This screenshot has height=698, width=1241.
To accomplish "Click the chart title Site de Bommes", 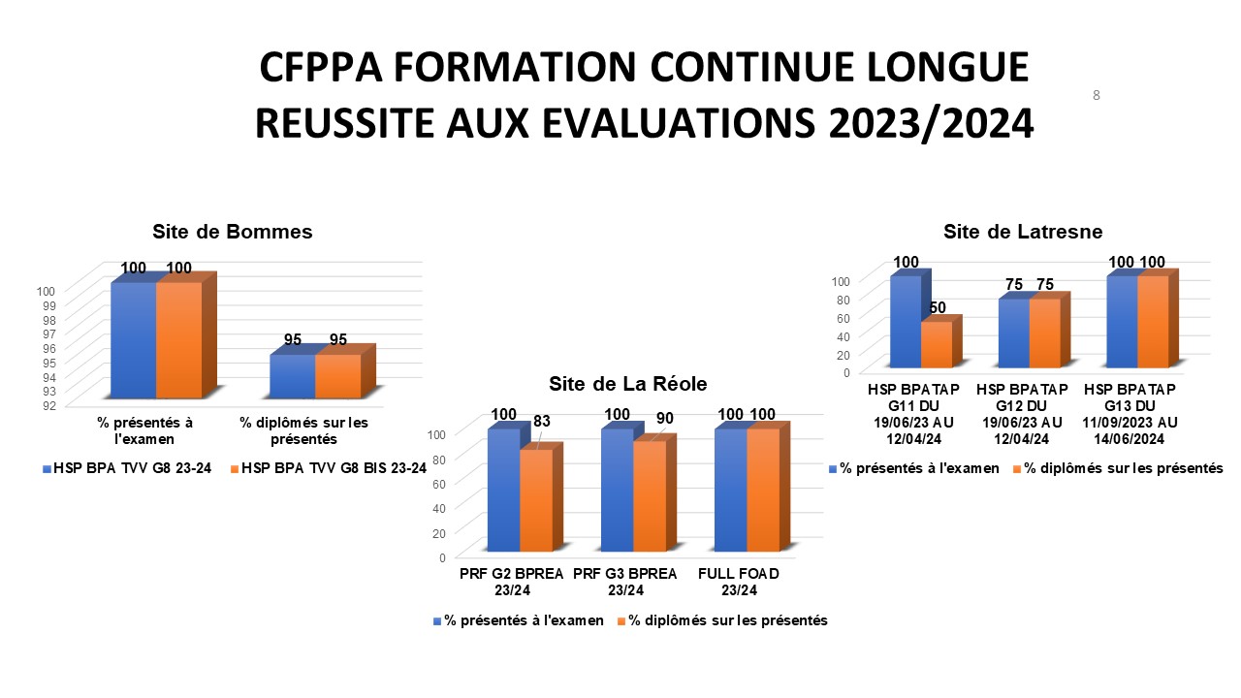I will (x=232, y=233).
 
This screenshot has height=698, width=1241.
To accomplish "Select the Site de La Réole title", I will (x=628, y=382).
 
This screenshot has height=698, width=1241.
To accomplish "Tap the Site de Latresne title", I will (x=1023, y=232).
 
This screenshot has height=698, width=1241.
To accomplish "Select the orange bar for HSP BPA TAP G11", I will (x=937, y=345).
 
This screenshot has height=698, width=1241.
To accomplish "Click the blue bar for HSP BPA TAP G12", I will (x=1013, y=333).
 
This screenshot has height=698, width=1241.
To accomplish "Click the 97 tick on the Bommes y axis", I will (x=61, y=333).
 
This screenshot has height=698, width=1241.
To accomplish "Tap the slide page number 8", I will (x=1097, y=95).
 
